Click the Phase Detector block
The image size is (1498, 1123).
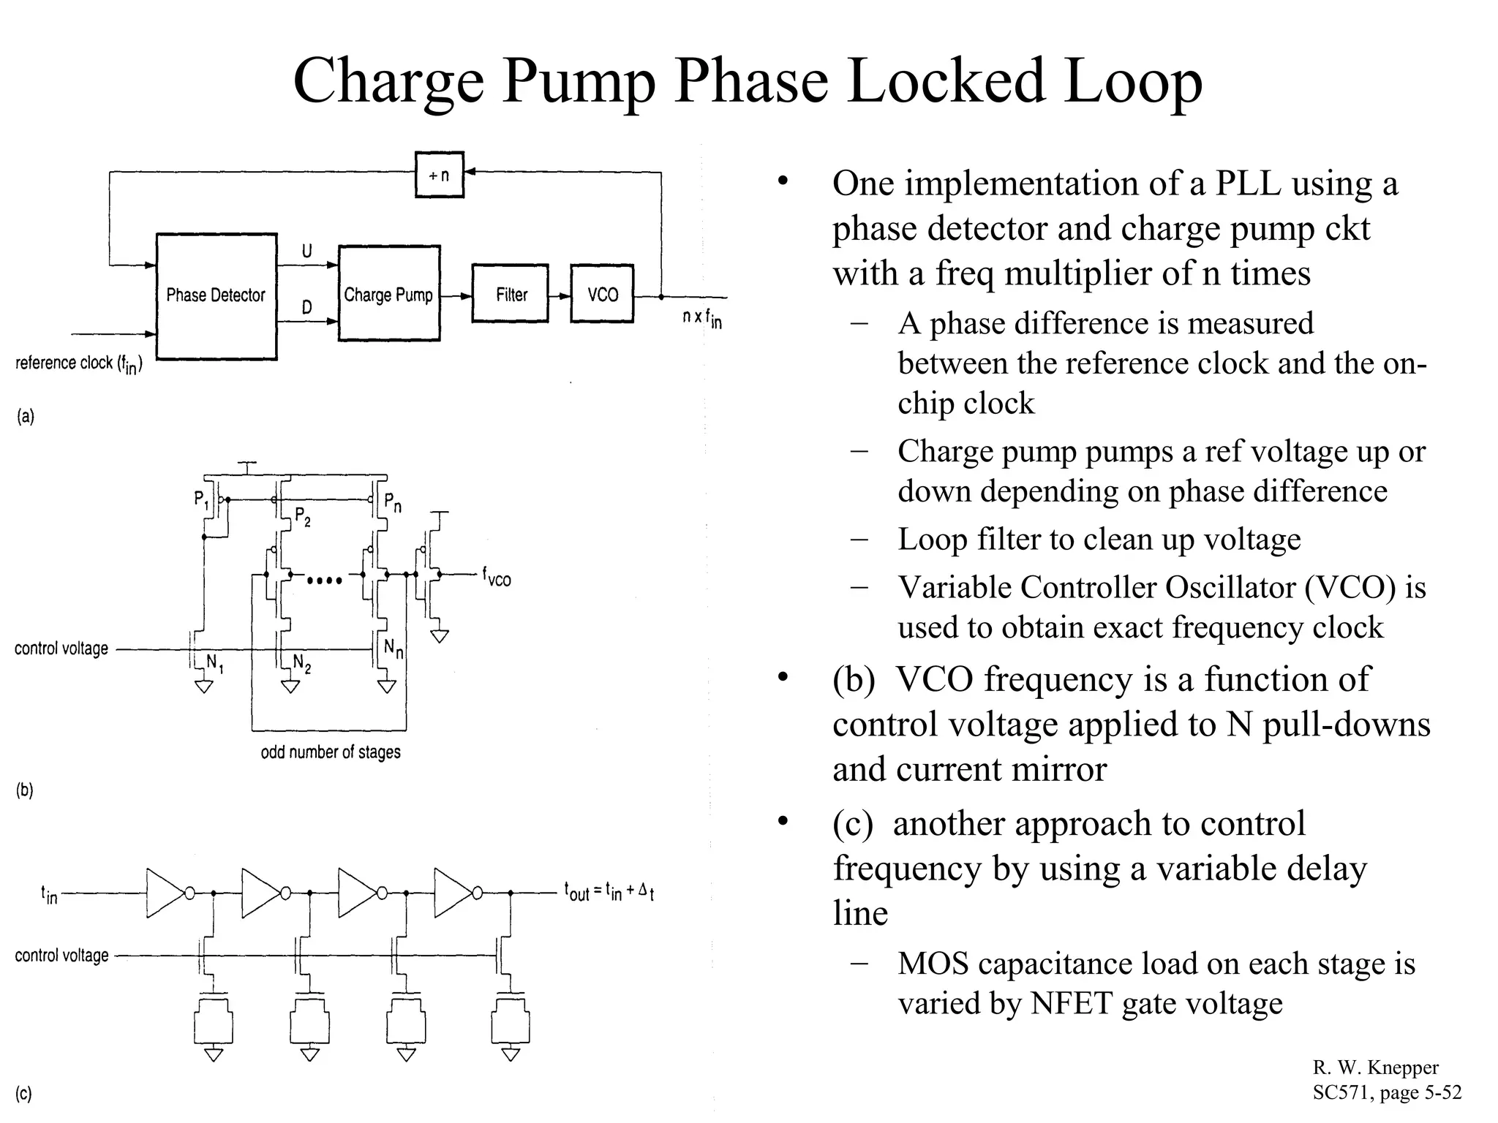coord(217,296)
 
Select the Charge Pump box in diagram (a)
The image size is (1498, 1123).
coord(389,294)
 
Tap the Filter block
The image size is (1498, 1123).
coord(511,294)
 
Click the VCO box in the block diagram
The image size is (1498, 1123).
coord(602,294)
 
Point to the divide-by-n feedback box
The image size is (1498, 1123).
coord(439,175)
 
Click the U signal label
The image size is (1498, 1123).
coord(307,252)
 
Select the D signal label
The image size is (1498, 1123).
coord(307,308)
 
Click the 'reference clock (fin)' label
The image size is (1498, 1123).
coord(79,363)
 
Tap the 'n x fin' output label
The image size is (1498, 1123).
coord(701,318)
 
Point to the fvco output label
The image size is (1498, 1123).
coord(497,578)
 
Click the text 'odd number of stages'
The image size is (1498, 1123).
coord(331,752)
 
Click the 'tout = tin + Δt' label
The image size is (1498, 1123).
coord(609,892)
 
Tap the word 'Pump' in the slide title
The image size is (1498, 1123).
coord(579,80)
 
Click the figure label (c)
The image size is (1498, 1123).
coord(24,1094)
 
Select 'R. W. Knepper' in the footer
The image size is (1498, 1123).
coord(1375,1068)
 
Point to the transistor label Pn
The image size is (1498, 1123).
coord(393,502)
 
